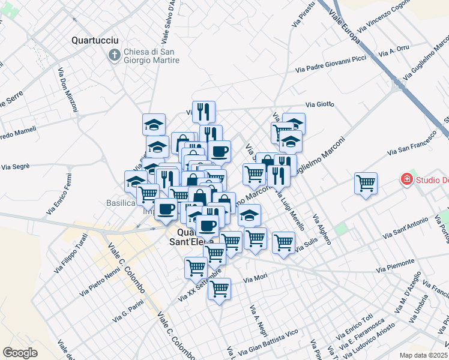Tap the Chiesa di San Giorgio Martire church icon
pyautogui.click(x=113, y=55)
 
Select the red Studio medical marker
pyautogui.click(x=406, y=179)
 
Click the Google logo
pyautogui.click(x=20, y=353)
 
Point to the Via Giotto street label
pyautogui.click(x=319, y=104)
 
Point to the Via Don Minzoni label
pyautogui.click(x=68, y=90)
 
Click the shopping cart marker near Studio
pyautogui.click(x=366, y=182)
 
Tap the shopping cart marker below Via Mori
pyautogui.click(x=220, y=289)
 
